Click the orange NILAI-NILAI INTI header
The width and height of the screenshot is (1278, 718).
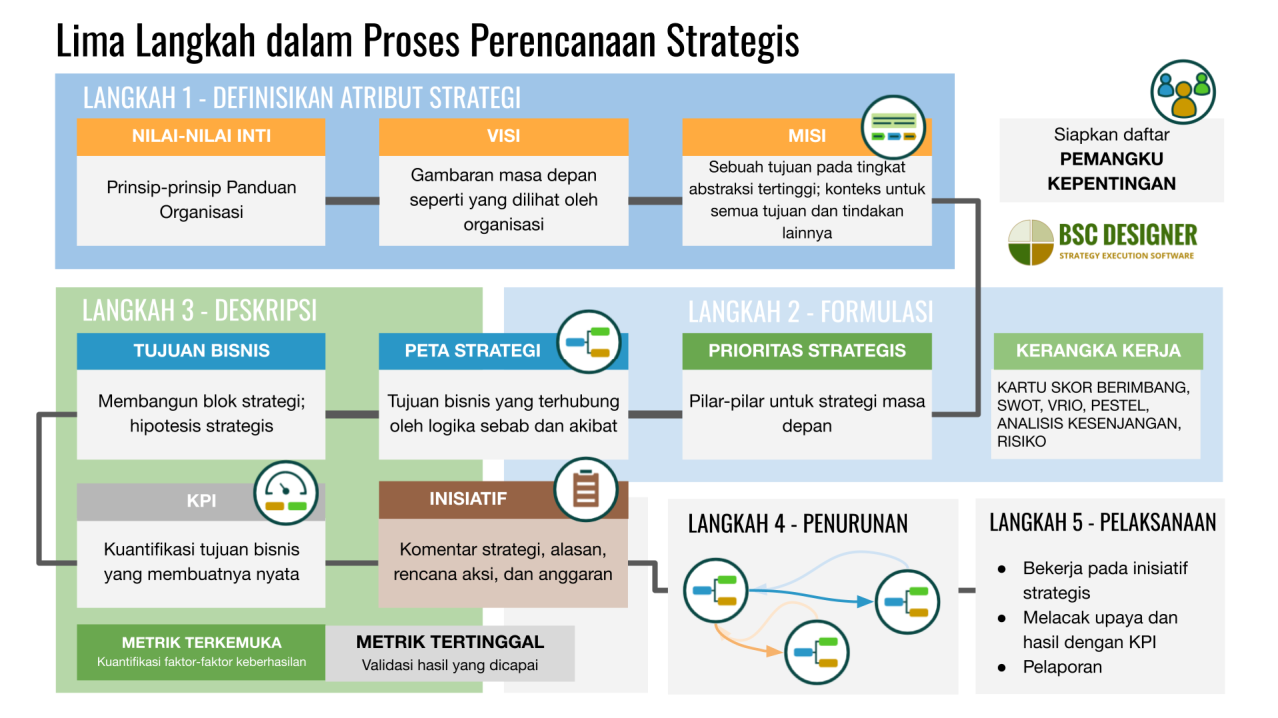coord(201,137)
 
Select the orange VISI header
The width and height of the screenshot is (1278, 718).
coord(503,137)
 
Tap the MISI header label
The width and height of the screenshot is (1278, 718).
coord(806,137)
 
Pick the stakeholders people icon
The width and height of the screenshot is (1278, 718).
coord(1182,92)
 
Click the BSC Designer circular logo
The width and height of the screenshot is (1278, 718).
coord(1030,242)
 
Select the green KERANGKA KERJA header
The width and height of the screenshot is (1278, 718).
coord(1097,351)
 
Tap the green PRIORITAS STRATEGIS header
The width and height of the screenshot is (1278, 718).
coord(806,351)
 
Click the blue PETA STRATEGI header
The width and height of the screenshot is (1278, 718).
coord(473,351)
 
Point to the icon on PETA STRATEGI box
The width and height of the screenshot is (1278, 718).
coord(588,342)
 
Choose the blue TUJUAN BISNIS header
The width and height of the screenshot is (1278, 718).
coord(201,351)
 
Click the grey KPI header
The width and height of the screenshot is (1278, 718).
coord(201,501)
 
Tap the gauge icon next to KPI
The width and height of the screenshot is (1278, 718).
coord(286,492)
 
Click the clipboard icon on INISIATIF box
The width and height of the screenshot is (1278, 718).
coord(586,489)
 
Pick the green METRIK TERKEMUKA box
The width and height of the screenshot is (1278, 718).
coord(201,652)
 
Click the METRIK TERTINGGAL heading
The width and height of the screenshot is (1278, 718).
coord(449,642)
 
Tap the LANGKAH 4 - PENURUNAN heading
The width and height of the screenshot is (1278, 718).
coord(797,524)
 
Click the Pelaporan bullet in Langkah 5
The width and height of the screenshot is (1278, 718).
coord(1062,666)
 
